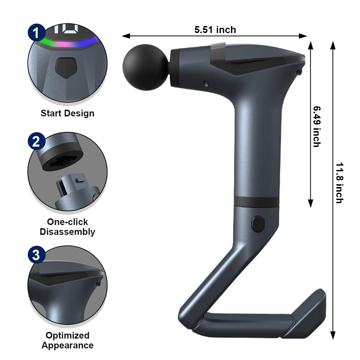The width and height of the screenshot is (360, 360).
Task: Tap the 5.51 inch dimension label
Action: pyautogui.click(x=215, y=30)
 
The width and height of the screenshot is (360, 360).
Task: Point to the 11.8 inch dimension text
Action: pyautogui.click(x=338, y=182)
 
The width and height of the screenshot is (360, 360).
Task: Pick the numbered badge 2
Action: pyautogui.click(x=37, y=141)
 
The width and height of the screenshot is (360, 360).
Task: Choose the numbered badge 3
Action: pyautogui.click(x=37, y=255)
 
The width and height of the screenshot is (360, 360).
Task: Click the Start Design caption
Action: pyautogui.click(x=67, y=113)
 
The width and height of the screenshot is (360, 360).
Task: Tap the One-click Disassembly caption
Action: pyautogui.click(x=67, y=227)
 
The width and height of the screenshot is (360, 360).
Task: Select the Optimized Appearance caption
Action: pyautogui.click(x=67, y=340)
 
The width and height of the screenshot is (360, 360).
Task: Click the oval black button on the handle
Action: pyautogui.click(x=258, y=224)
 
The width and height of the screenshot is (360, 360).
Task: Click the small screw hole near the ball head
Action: pyautogui.click(x=205, y=84)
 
